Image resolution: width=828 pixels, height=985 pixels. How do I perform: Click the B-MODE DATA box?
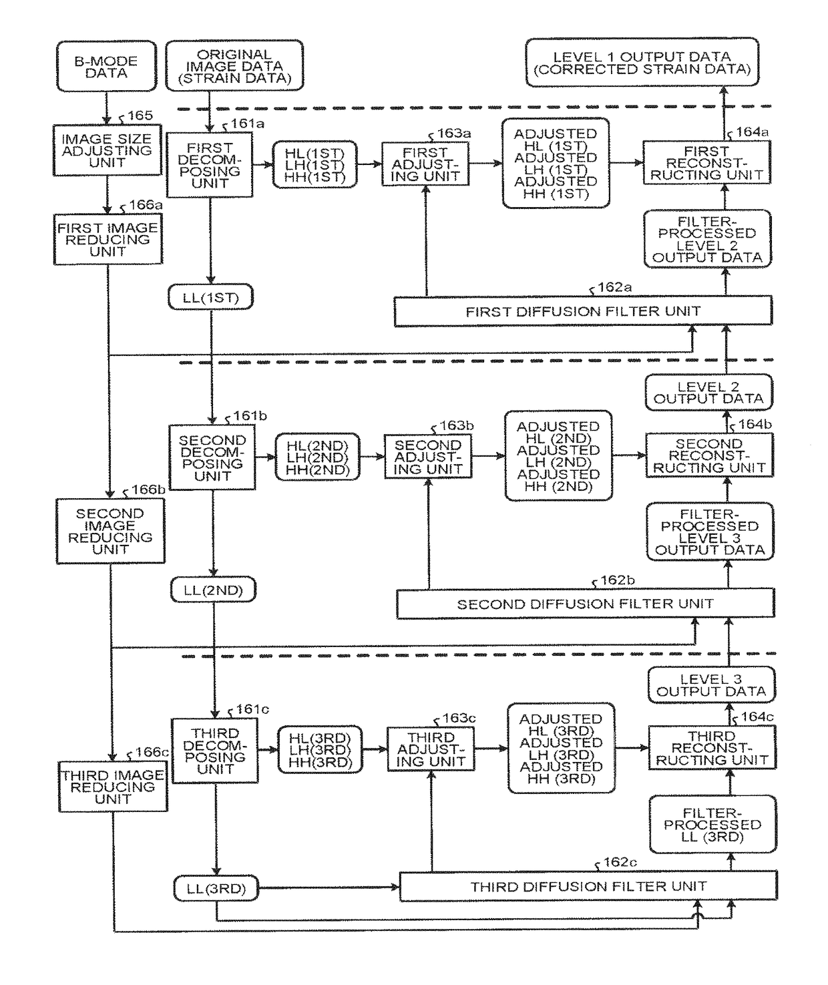pyautogui.click(x=106, y=66)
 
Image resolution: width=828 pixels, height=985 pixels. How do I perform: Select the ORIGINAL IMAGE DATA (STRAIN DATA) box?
pyautogui.click(x=234, y=65)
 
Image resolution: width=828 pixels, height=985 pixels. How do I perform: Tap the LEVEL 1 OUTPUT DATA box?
pyautogui.click(x=642, y=63)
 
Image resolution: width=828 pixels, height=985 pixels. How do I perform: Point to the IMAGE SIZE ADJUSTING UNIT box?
pyautogui.click(x=107, y=150)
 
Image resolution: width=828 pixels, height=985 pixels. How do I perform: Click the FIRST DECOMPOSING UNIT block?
pyautogui.click(x=210, y=165)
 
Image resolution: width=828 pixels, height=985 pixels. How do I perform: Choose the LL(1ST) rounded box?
pyautogui.click(x=210, y=297)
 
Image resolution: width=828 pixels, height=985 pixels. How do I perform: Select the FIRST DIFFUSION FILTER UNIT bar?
pyautogui.click(x=583, y=311)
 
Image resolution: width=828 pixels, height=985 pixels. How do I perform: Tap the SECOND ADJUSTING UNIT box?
pyautogui.click(x=428, y=457)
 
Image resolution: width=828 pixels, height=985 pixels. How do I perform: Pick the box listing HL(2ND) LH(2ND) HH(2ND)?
pyautogui.click(x=318, y=457)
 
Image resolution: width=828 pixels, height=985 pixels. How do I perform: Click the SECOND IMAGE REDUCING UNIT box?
pyautogui.click(x=110, y=531)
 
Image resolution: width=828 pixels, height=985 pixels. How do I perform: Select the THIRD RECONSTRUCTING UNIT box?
pyautogui.click(x=712, y=748)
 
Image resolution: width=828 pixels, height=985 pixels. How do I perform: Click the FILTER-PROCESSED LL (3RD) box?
pyautogui.click(x=713, y=825)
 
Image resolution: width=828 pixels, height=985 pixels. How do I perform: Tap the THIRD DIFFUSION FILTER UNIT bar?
pyautogui.click(x=588, y=886)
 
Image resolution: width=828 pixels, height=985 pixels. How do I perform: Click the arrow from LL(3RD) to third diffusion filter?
pyautogui.click(x=329, y=888)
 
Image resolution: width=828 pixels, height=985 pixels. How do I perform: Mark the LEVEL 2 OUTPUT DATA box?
pyautogui.click(x=708, y=393)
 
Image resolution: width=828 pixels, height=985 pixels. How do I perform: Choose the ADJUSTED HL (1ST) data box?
pyautogui.click(x=556, y=163)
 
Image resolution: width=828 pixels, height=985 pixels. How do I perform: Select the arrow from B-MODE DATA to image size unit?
pyautogui.click(x=106, y=108)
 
